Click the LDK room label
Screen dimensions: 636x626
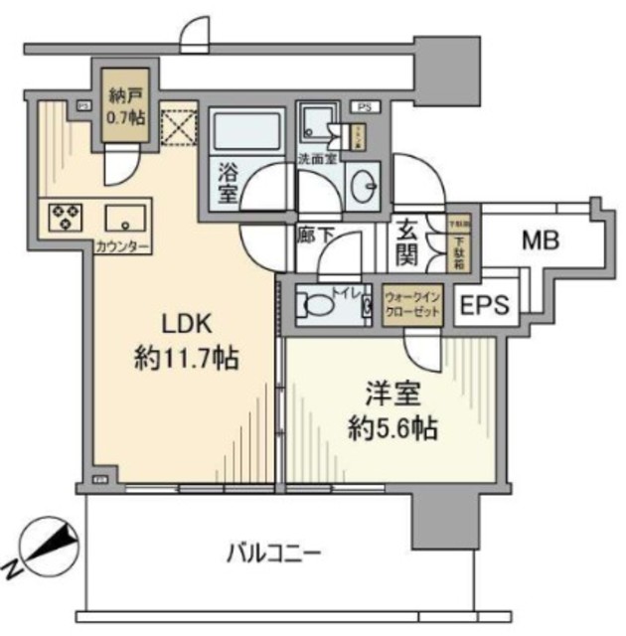[x=185, y=325]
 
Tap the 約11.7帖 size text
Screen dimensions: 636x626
[x=186, y=359]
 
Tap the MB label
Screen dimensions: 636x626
[x=540, y=239]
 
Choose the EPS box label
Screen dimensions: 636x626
[x=484, y=305]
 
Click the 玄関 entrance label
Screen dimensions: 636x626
[x=409, y=243]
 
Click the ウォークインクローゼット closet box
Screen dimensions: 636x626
[x=414, y=300]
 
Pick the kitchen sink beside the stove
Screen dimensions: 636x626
[x=125, y=217]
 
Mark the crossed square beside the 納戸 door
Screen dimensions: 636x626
[x=180, y=125]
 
